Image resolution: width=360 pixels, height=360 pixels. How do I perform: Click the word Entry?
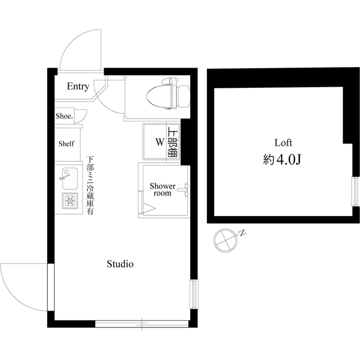[78, 86]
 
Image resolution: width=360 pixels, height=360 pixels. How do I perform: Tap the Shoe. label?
[64, 116]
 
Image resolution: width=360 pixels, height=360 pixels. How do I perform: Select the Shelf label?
[66, 143]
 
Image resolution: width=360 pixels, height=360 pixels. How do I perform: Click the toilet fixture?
[167, 94]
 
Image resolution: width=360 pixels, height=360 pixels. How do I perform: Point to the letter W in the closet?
[159, 142]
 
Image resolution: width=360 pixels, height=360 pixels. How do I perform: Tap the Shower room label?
[162, 190]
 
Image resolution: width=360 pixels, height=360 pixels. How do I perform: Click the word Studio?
[120, 263]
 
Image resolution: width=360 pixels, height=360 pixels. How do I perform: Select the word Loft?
[283, 142]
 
